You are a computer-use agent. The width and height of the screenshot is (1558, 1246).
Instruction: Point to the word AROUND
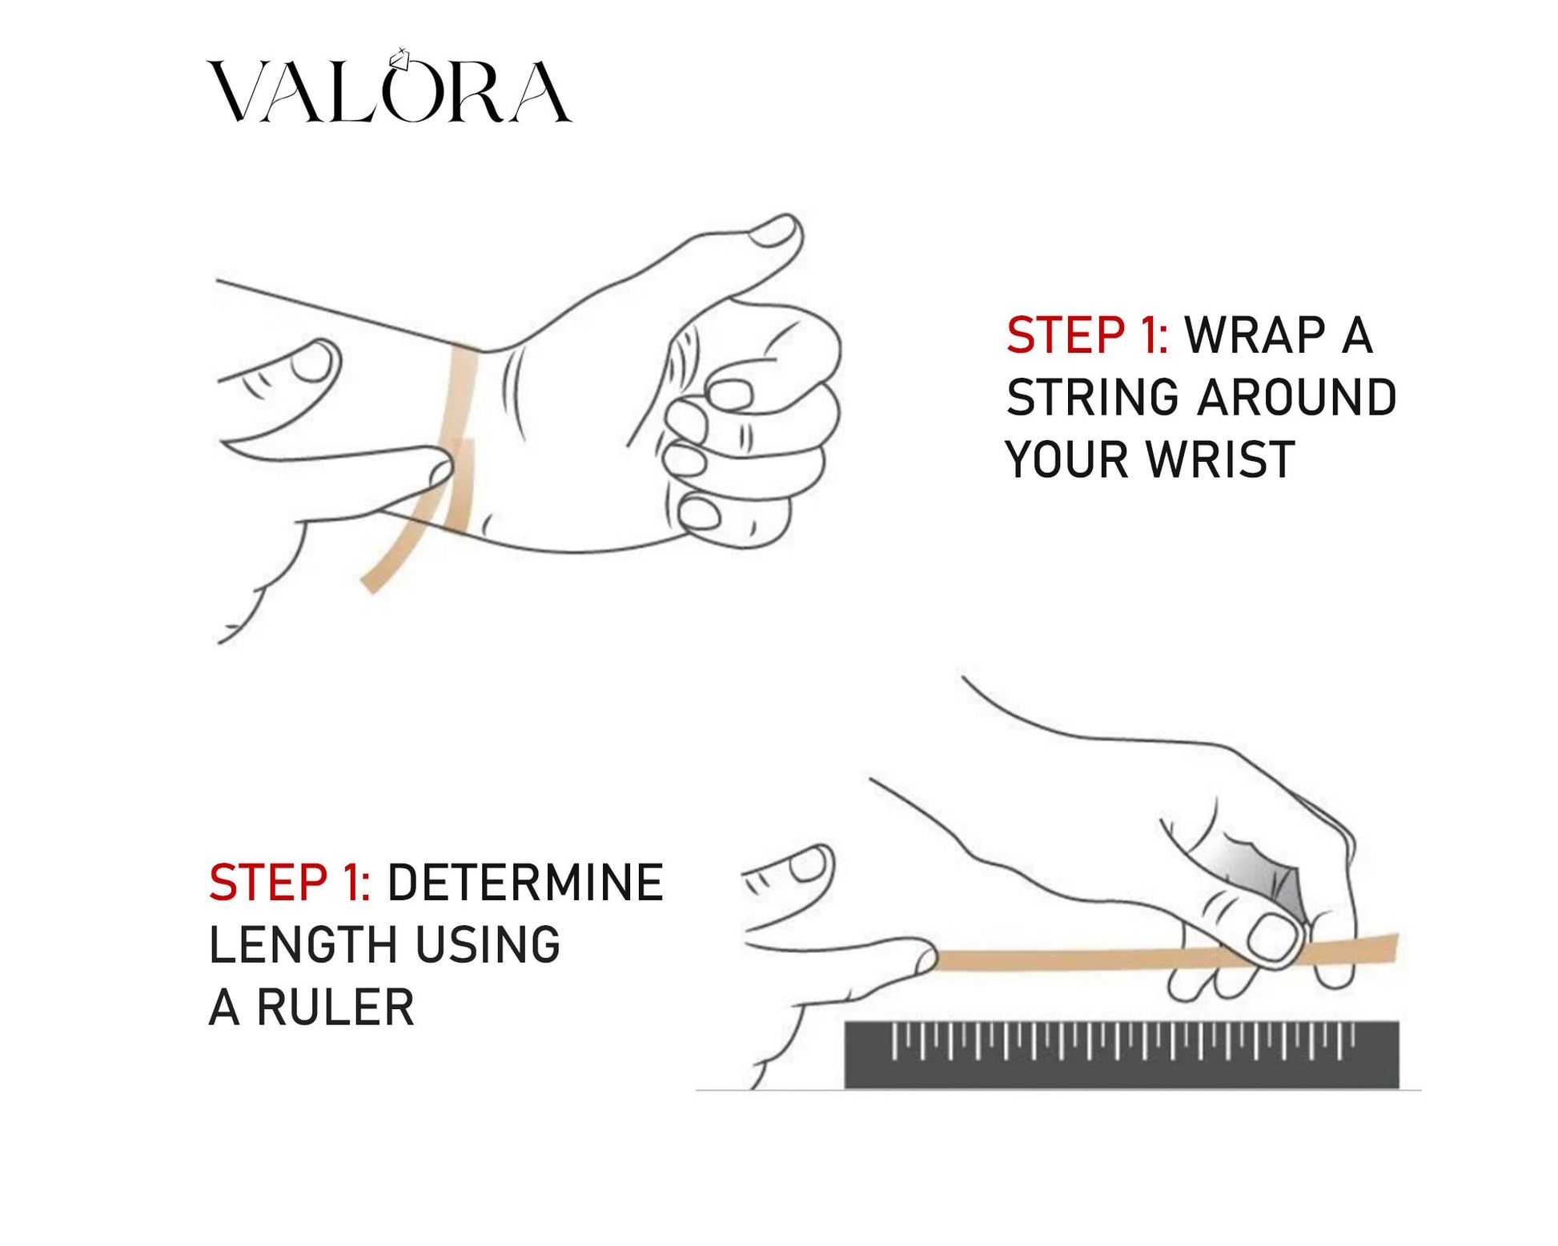click(1297, 398)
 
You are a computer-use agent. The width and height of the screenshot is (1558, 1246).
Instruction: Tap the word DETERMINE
click(525, 883)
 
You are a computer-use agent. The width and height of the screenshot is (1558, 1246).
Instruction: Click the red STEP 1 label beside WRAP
click(1087, 335)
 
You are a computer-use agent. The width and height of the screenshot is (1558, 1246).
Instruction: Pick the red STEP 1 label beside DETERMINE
click(290, 883)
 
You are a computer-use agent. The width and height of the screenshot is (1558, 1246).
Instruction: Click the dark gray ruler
click(1122, 1055)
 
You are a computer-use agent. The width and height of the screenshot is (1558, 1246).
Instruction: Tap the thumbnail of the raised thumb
click(774, 231)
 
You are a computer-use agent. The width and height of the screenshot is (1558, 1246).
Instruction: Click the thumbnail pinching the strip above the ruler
click(1273, 936)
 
